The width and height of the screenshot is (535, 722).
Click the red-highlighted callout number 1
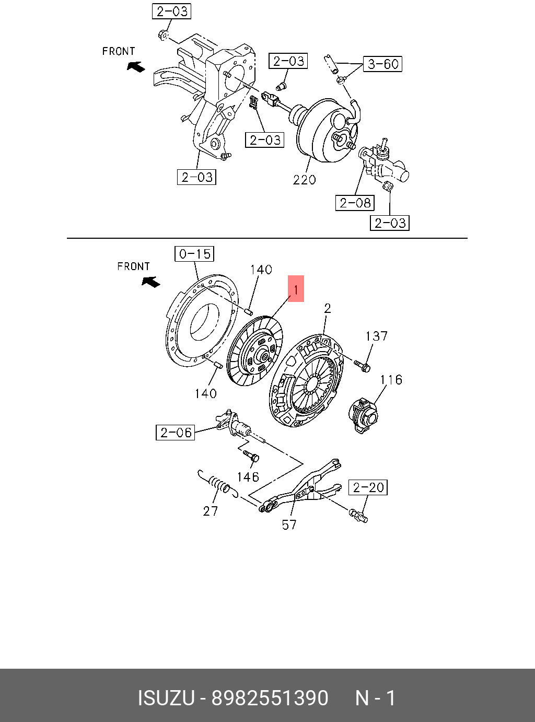click(x=296, y=289)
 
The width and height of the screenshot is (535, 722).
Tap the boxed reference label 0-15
click(x=194, y=254)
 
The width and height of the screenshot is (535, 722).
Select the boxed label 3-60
click(x=383, y=64)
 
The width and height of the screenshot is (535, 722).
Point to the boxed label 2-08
click(x=355, y=203)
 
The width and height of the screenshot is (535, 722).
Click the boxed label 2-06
click(x=176, y=432)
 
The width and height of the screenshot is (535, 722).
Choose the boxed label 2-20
click(x=368, y=487)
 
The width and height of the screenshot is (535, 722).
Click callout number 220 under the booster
click(x=304, y=180)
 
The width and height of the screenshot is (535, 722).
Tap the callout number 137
click(x=376, y=336)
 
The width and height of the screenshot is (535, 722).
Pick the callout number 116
click(x=391, y=379)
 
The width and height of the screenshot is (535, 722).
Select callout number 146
click(x=248, y=476)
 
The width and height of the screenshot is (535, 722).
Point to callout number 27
click(x=210, y=510)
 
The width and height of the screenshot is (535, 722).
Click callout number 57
click(x=289, y=525)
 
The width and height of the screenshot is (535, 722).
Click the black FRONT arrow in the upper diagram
click(x=136, y=66)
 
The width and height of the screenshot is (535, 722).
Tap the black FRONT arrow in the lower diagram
click(x=152, y=282)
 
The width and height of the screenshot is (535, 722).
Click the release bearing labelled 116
click(x=362, y=415)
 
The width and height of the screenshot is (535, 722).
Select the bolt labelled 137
click(x=362, y=366)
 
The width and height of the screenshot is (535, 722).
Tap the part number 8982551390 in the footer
click(x=270, y=698)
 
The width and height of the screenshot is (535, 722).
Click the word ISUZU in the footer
click(x=166, y=698)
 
